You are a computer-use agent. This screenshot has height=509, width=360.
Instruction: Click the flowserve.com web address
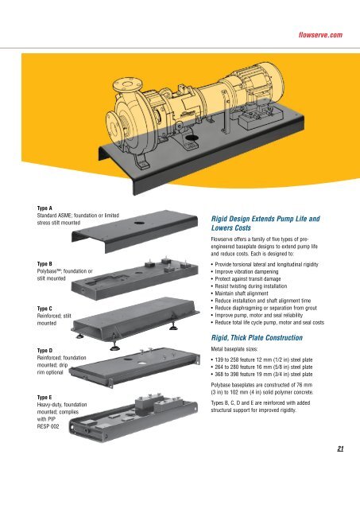point(320,35)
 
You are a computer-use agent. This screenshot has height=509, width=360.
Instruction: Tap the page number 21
point(340,449)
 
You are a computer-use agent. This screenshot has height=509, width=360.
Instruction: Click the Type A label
point(45,208)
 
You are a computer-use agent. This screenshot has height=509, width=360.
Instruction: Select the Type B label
point(45,264)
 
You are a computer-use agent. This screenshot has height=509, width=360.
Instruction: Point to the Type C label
point(45,309)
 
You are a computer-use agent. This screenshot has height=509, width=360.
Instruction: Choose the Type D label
point(45,351)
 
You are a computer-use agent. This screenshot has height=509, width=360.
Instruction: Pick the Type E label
point(45,398)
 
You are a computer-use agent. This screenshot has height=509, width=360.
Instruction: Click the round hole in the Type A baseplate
point(139,223)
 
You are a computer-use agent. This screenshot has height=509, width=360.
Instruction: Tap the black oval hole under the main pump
point(192,138)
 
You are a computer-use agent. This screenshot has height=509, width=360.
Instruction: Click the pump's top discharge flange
point(128,84)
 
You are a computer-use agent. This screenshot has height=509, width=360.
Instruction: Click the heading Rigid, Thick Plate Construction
point(257,337)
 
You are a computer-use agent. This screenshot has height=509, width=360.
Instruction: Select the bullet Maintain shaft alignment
point(239,293)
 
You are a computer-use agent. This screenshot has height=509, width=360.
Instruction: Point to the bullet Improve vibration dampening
point(245,272)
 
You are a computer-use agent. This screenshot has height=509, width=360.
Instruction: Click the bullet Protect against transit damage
point(246,279)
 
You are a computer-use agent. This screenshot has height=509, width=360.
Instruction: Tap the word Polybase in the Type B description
point(46,271)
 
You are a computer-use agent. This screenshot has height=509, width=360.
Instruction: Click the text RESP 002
point(48,426)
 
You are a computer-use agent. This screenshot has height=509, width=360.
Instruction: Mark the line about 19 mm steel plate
point(261,375)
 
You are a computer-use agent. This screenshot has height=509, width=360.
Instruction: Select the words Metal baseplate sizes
point(234,349)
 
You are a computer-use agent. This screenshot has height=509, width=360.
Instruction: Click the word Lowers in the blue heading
point(223,228)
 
